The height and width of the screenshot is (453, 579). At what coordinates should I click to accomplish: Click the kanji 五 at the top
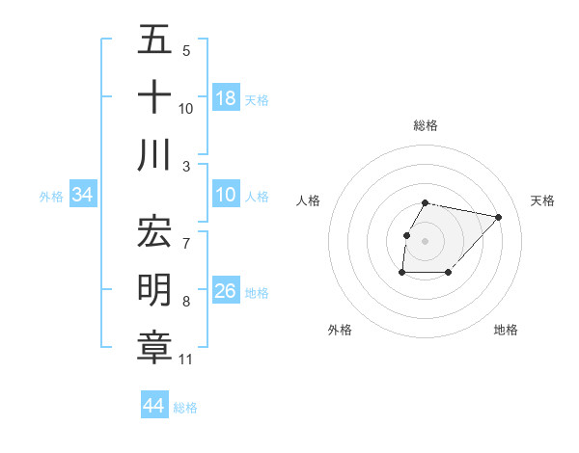154,40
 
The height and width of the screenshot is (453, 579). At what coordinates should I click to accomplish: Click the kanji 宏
154,231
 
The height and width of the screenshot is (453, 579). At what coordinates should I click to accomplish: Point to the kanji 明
154,290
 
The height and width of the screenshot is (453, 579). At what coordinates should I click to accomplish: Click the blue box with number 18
226,97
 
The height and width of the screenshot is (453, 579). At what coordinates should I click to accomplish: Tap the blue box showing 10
226,196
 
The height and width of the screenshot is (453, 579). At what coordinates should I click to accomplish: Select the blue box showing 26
226,291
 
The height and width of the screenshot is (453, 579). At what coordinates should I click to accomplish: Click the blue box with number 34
82,196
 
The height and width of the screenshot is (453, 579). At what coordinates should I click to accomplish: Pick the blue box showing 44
153,406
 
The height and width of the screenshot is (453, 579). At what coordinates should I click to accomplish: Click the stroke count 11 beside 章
186,360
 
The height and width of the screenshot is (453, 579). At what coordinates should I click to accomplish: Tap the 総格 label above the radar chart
426,125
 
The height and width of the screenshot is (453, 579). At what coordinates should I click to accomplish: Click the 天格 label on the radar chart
542,200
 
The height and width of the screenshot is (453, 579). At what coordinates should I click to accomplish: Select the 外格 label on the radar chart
340,330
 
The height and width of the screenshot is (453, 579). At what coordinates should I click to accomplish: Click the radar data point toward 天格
498,217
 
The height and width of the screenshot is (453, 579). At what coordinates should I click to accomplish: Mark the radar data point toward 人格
406,235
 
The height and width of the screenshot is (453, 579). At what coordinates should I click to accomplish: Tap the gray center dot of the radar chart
426,241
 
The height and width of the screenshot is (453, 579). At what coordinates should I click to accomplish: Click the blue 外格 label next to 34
51,197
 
